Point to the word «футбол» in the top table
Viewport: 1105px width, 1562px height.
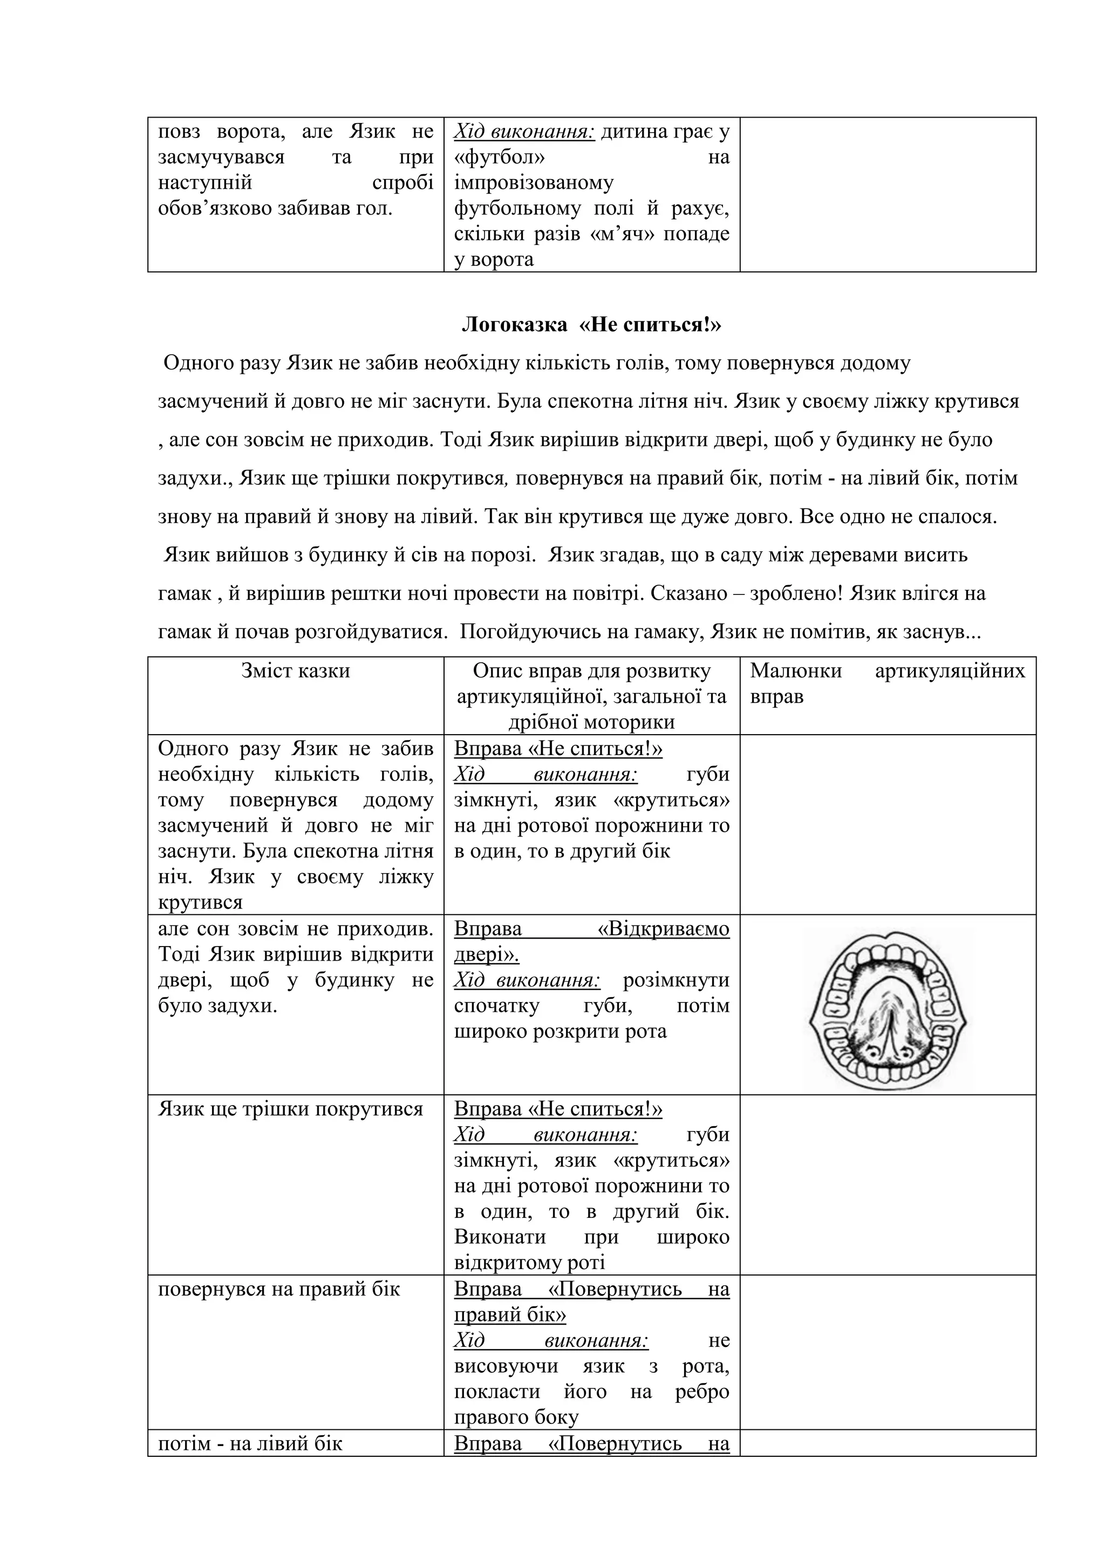[500, 157]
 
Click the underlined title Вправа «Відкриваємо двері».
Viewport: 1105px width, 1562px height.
[591, 942]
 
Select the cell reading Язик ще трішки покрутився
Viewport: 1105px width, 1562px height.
[290, 1109]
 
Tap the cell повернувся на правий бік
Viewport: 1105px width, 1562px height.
[279, 1289]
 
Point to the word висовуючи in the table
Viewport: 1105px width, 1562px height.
[506, 1365]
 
